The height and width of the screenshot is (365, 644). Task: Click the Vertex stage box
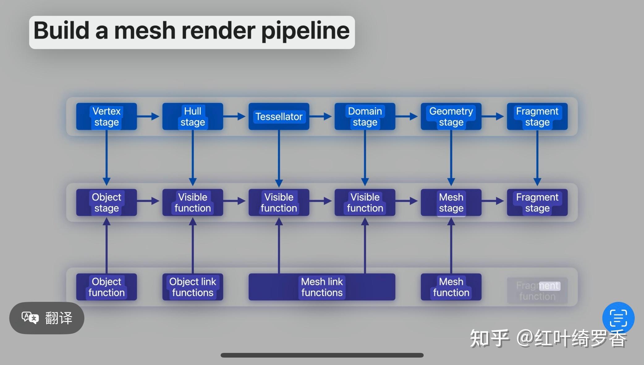click(106, 116)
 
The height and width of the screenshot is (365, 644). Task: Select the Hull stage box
click(193, 116)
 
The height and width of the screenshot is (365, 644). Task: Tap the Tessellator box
click(279, 116)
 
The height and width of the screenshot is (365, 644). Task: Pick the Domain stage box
click(365, 116)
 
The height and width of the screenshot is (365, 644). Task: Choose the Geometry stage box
click(451, 116)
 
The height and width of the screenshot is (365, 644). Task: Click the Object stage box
click(106, 202)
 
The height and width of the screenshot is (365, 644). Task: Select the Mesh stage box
click(451, 202)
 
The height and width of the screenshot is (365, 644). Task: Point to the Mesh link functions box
click(322, 287)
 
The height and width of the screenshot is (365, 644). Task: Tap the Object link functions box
click(193, 287)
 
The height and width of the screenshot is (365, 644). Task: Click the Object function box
click(106, 287)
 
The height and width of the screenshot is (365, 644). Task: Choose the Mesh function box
click(451, 287)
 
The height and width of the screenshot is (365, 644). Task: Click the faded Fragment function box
click(537, 291)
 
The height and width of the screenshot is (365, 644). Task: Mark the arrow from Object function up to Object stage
click(106, 245)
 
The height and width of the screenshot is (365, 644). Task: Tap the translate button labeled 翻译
click(47, 318)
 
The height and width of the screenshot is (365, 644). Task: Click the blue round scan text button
click(618, 318)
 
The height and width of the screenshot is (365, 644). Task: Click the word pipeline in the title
click(305, 31)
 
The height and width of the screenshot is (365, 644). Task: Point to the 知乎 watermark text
click(489, 338)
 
